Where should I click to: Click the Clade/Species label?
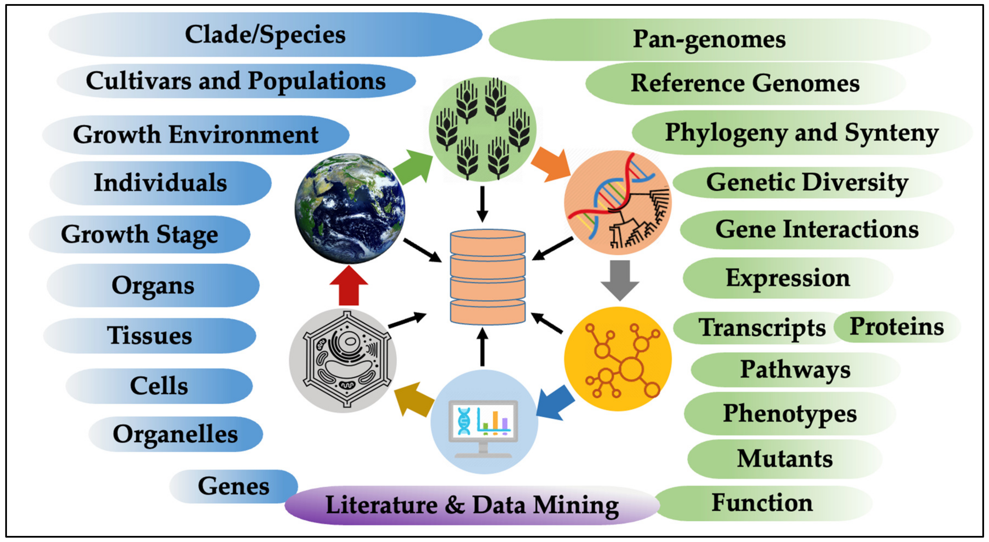coord(265,35)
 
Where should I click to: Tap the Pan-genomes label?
coord(709,39)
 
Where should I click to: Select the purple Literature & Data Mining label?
coord(472,505)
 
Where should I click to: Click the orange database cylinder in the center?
coord(487,277)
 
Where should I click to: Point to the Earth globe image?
coord(350,208)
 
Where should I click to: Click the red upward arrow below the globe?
coord(349,286)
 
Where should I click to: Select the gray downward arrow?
coord(620,280)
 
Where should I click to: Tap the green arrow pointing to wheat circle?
coord(413,167)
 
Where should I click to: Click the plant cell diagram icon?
coord(343,360)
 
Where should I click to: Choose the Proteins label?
coord(896,327)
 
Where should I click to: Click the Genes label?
coord(233,486)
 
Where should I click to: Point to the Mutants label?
coord(784,459)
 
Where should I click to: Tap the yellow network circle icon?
coord(618,359)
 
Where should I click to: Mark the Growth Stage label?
coord(139,234)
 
